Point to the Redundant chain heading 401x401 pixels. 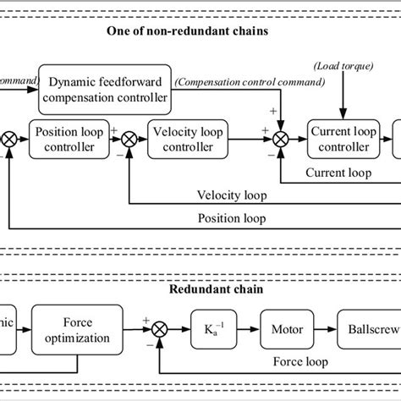pyautogui.click(x=200, y=289)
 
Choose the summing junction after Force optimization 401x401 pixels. pyautogui.click(x=162, y=327)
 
